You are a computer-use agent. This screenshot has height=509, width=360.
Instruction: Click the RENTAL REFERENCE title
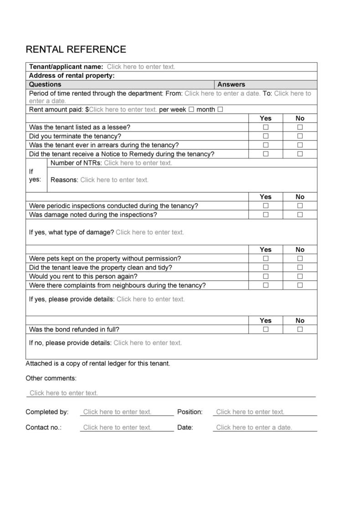[76, 49]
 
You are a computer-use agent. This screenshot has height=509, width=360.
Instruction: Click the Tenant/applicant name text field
[141, 67]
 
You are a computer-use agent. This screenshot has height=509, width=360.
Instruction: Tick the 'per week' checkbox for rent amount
[191, 109]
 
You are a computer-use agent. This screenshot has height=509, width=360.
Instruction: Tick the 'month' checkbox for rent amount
[221, 109]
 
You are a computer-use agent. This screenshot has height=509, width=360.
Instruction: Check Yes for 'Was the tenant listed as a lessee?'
[266, 127]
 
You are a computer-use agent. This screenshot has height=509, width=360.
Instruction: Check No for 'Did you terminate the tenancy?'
[300, 136]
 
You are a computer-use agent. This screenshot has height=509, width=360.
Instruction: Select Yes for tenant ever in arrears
[266, 145]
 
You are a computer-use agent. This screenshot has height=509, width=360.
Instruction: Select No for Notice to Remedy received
[300, 154]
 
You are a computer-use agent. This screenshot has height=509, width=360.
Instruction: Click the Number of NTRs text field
[138, 163]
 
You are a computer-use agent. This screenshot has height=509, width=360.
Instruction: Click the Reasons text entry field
[114, 180]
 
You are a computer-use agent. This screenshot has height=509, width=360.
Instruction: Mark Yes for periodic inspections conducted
[266, 206]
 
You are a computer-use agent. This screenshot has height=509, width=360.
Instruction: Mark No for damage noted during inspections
[300, 215]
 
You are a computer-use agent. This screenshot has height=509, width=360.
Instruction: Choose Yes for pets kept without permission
[266, 259]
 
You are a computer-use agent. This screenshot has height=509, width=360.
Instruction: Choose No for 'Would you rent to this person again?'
[300, 276]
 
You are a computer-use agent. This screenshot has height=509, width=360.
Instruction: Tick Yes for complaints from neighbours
[266, 285]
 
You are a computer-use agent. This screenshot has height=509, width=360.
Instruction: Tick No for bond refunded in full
[300, 330]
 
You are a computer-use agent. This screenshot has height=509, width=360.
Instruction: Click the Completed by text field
[117, 412]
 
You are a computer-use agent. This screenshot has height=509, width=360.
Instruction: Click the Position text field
[250, 412]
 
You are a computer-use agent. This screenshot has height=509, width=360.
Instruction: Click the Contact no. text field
[117, 428]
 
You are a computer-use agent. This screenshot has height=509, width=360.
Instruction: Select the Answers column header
[231, 85]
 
